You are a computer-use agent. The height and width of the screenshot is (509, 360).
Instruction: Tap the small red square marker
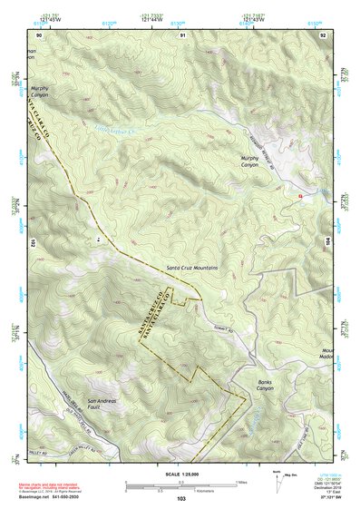(x=300, y=195)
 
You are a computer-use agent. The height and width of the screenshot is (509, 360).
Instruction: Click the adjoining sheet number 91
(x=182, y=34)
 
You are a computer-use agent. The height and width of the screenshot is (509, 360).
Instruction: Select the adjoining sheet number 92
(x=324, y=34)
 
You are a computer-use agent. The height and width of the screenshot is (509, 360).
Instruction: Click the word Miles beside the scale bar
(x=241, y=481)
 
